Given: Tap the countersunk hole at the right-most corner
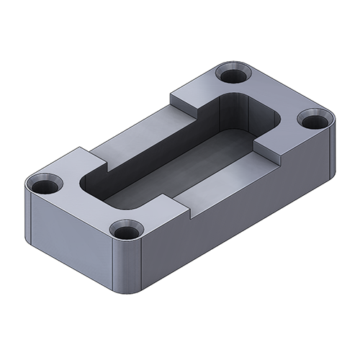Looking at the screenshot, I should pyautogui.click(x=312, y=120).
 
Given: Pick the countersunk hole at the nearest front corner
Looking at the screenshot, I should pyautogui.click(x=127, y=233).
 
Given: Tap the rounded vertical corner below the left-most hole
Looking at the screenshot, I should pyautogui.click(x=29, y=212).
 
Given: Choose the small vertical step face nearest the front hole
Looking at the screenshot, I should pyautogui.click(x=184, y=210).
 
